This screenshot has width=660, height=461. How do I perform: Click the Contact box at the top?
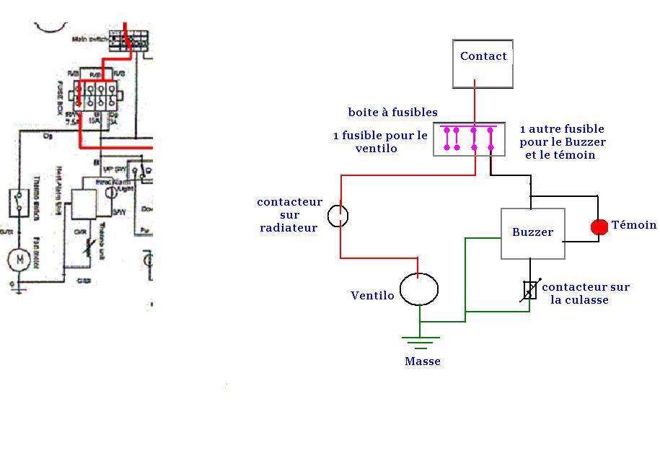click(x=483, y=63)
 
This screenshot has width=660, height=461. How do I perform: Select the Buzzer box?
click(x=532, y=233)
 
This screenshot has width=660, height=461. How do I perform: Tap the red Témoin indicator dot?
click(x=599, y=227)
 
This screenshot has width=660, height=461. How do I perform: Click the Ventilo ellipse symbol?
click(x=419, y=289)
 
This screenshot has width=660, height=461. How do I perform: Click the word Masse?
click(x=423, y=361)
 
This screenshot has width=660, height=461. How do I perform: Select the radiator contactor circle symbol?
click(x=338, y=215)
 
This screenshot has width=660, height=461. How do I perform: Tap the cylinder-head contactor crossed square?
click(x=530, y=290)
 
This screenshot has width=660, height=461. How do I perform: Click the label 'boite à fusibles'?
click(x=392, y=113)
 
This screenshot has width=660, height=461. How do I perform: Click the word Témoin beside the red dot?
click(x=634, y=225)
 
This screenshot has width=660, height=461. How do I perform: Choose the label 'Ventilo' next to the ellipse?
click(x=372, y=296)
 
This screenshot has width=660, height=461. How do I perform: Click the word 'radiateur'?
click(x=289, y=228)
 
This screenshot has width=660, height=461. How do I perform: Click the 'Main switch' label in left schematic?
click(x=89, y=39)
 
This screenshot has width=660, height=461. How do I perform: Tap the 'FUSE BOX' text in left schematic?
click(x=71, y=92)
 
